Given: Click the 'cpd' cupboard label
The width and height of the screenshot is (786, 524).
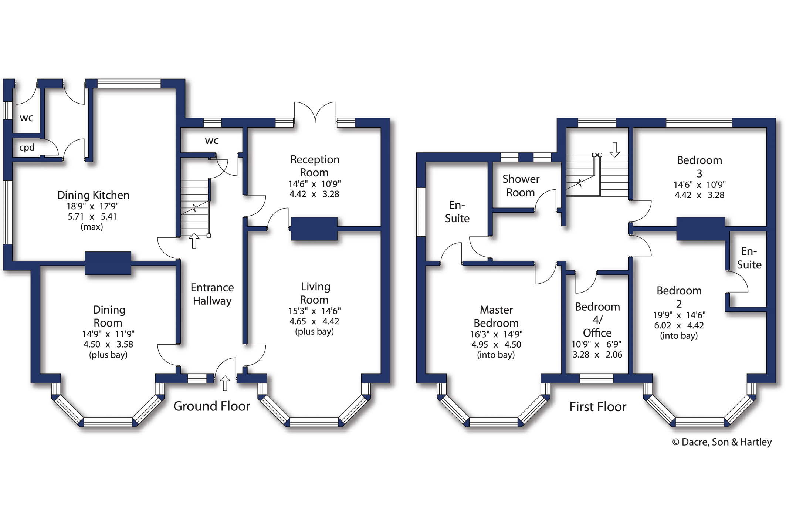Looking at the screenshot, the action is point(27,148).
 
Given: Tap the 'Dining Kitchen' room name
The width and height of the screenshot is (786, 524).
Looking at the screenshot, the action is point(93,195).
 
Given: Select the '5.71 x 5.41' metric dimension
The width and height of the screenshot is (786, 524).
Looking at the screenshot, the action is point(92,216).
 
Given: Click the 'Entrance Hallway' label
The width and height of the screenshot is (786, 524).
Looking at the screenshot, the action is point(212,294).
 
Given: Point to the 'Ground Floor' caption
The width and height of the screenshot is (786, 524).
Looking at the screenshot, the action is point(212,406).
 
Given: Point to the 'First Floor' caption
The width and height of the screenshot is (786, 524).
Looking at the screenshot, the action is point(598,407).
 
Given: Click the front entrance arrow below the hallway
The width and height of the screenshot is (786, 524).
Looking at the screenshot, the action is point(225,383).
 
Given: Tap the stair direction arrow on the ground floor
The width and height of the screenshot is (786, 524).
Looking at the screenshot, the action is point(194,241).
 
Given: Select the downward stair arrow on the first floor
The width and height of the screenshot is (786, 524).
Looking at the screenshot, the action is point(614,149).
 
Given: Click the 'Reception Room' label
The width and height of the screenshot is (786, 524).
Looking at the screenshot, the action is point(315,166).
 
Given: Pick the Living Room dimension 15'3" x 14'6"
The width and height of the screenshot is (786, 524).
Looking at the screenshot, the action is point(315,311).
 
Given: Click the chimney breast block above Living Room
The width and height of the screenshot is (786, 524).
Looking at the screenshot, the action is point(314,229).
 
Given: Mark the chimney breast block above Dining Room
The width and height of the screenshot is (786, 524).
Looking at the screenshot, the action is point(108,263).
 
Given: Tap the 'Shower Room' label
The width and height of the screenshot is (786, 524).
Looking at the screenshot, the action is point(521,186).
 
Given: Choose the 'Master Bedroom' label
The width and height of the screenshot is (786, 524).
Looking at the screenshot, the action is point(496,316).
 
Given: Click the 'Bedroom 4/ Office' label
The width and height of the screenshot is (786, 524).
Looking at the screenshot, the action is point(597,320).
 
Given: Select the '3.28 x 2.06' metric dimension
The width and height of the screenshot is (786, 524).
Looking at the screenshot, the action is point(597,355).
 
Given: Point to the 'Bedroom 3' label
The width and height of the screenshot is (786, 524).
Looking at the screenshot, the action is point(699,166).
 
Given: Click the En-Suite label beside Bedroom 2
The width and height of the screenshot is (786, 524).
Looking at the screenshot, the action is point(749,258).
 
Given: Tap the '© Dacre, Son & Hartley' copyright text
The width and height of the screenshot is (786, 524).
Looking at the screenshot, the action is point(722,442).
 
